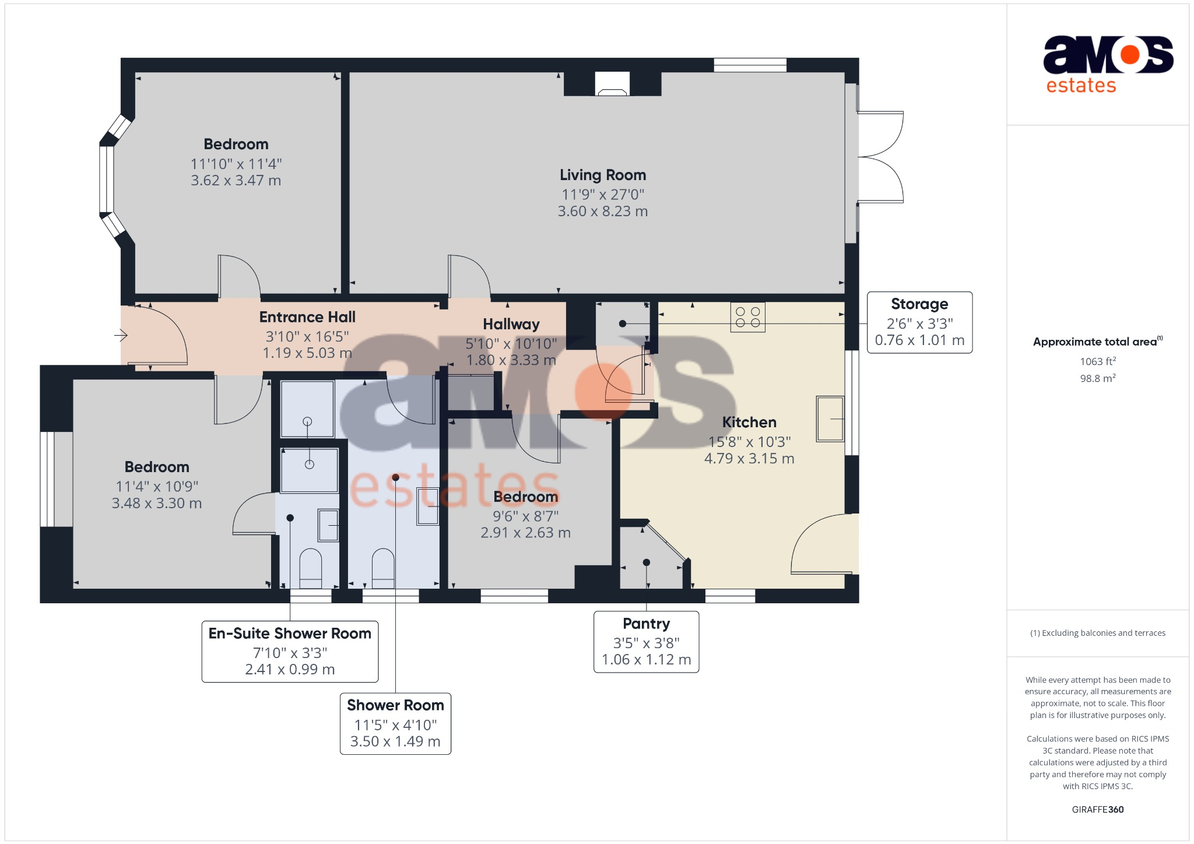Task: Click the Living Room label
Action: pos(603,175)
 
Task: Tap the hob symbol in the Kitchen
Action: pos(747,317)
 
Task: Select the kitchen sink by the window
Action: pos(830,419)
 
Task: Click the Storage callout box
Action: pos(919,322)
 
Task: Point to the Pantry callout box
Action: pos(646,642)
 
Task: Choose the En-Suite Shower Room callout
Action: pos(290,651)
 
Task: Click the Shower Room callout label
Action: pos(395,705)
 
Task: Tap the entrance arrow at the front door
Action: pos(121,335)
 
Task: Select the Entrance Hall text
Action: pos(307,317)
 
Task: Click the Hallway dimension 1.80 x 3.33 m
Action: pos(511,360)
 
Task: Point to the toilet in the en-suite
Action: pos(310,568)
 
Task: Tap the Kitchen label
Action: pos(749,422)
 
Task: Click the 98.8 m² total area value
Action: pos(1097,378)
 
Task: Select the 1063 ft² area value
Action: pos(1097,361)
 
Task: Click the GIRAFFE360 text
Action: pos(1097,810)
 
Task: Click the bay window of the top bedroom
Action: pos(107,179)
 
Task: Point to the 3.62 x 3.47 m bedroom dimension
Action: pos(236,181)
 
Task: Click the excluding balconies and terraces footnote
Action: pos(1097,633)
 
